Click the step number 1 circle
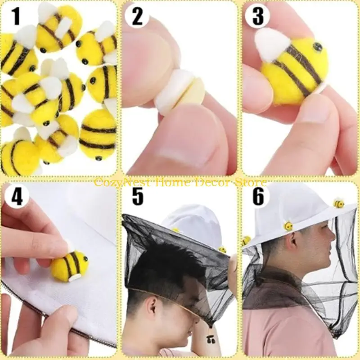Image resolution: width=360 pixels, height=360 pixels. tap(17, 17)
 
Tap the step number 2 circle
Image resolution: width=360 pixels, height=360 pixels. tap(137, 17)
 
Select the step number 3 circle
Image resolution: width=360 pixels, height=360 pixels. tap(257, 17)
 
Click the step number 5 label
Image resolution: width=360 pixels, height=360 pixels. tap(137, 197)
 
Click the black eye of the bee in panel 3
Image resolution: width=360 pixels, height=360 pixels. tap(317, 47)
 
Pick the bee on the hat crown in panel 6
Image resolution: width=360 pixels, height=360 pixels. tap(288, 225)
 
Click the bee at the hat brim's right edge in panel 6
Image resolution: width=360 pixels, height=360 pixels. tap(338, 203)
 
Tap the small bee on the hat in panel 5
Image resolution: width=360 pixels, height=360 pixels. tap(222, 249)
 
